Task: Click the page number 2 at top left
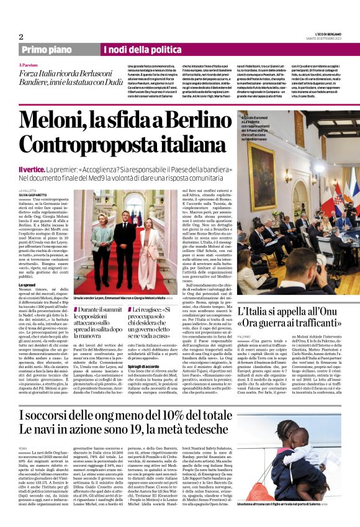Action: (x=20, y=37)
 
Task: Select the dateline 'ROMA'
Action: (x=24, y=448)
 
